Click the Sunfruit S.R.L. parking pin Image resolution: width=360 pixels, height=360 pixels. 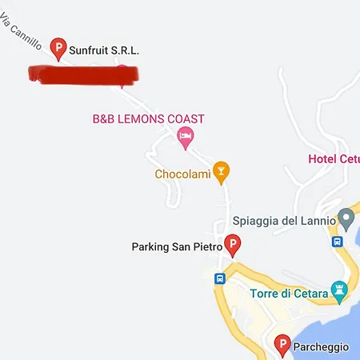[x=58, y=48]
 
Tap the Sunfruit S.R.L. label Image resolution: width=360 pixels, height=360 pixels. [x=104, y=50]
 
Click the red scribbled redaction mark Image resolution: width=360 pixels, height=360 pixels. [x=83, y=74]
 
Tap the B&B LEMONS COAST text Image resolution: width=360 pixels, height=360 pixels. [x=149, y=119]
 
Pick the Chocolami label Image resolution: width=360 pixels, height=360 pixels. [x=182, y=174]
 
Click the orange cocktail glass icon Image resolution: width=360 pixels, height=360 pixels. [x=222, y=170]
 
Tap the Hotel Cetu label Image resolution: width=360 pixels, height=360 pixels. [x=334, y=158]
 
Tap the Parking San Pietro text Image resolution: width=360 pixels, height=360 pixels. [x=176, y=246]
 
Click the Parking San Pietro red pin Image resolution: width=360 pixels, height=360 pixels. [x=233, y=245]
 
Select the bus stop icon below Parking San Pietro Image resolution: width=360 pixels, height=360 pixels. [x=220, y=278]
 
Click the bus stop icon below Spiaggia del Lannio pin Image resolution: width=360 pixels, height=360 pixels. [x=338, y=241]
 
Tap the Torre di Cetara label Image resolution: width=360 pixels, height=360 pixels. [x=289, y=294]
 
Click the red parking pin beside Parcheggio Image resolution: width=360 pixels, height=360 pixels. [x=282, y=345]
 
